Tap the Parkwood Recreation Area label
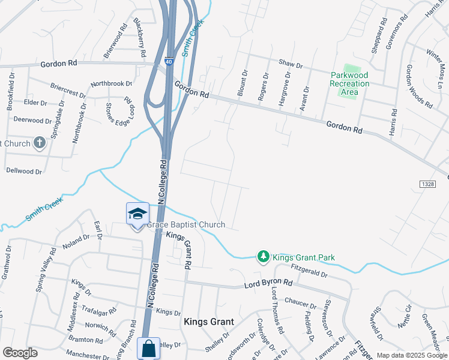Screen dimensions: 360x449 350,83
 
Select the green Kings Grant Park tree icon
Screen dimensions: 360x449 263,257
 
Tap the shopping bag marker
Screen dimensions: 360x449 148,348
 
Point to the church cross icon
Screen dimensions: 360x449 40,143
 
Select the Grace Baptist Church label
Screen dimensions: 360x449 186,225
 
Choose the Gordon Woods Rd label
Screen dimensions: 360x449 418,86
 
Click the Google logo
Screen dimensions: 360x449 20,353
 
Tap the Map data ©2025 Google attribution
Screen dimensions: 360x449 411,355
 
